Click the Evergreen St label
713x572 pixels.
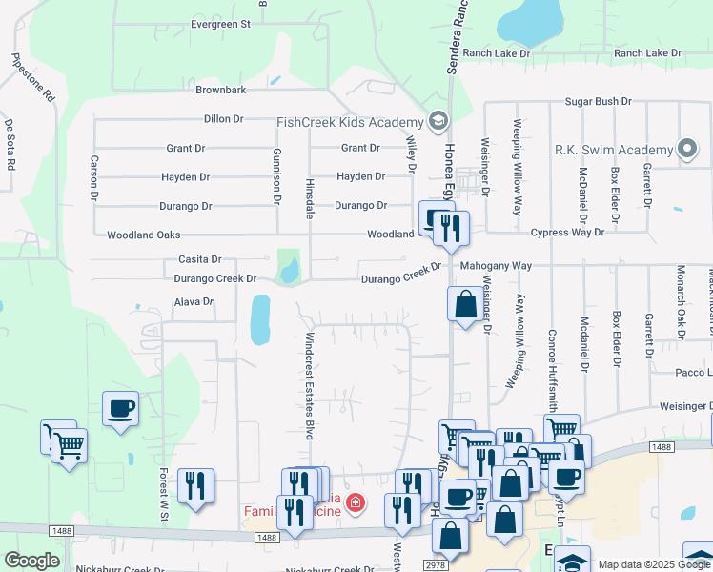click(x=219, y=23)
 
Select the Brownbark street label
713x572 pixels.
click(x=221, y=90)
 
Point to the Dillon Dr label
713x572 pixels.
click(x=224, y=119)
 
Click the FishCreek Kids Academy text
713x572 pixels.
click(x=350, y=122)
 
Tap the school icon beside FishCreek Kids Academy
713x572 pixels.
click(x=438, y=120)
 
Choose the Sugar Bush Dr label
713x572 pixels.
click(x=599, y=101)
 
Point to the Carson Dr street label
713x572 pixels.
click(x=94, y=177)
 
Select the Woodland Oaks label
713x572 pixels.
click(x=143, y=235)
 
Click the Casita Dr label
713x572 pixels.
click(x=199, y=259)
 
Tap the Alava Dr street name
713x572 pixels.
click(x=194, y=301)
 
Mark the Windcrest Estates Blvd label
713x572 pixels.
click(x=308, y=386)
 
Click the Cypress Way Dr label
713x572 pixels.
click(x=567, y=233)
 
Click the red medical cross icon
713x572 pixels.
click(x=355, y=501)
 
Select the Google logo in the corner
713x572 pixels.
click(x=31, y=561)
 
